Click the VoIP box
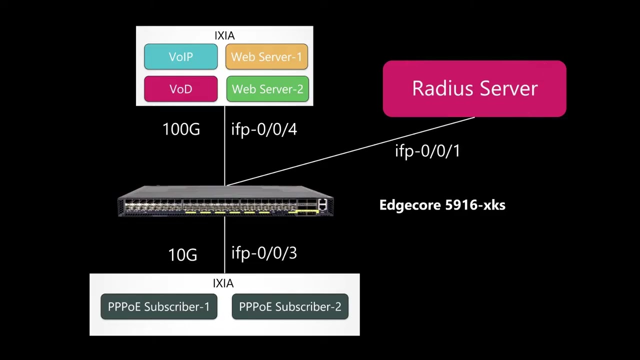click(180, 57)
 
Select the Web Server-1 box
click(266, 57)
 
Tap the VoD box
click(180, 89)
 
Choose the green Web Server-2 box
click(267, 89)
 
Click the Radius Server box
click(474, 88)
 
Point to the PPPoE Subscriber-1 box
click(159, 306)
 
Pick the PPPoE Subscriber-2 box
click(290, 306)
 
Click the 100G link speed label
click(181, 129)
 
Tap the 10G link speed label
click(182, 255)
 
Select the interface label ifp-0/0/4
click(264, 129)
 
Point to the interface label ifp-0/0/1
click(427, 150)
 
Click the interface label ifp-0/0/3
click(264, 253)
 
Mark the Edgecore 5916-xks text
click(442, 205)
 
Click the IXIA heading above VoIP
click(224, 35)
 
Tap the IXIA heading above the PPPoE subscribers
click(223, 283)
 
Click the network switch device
click(225, 201)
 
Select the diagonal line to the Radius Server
click(350, 151)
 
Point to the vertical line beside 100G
click(224, 145)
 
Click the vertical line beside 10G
click(224, 245)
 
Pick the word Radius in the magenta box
click(441, 88)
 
